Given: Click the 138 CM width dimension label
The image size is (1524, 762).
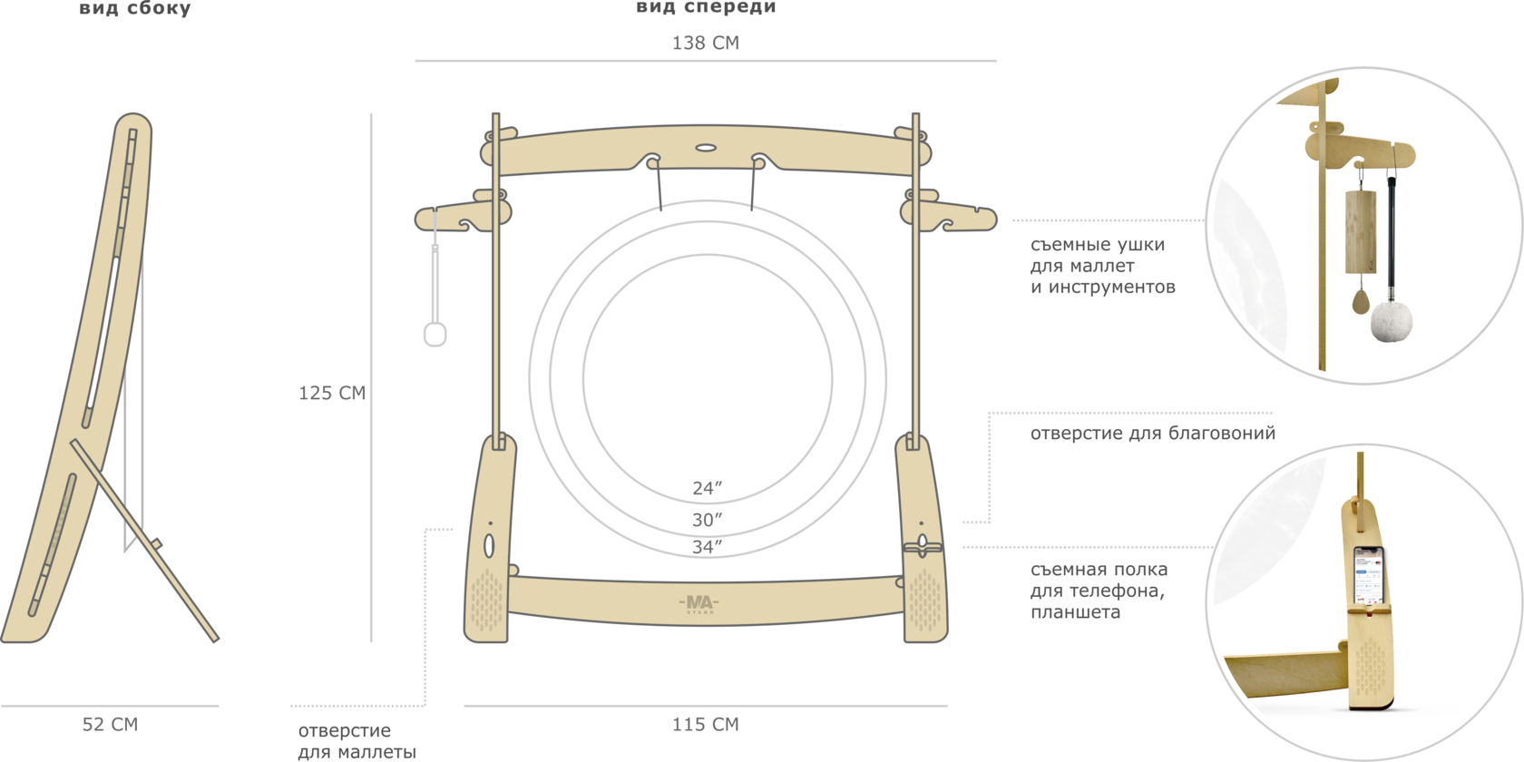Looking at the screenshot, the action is coord(705,43).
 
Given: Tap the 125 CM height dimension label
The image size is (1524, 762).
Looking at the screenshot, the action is coord(332,393).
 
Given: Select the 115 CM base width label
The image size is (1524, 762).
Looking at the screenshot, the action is coord(705,724).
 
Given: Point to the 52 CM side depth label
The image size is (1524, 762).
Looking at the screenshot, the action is coord(111,724).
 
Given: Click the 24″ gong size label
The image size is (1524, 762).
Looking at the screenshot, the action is coord(708,488).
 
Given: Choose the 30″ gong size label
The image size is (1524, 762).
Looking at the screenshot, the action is coord(708,520).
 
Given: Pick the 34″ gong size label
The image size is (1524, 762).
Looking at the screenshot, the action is coord(708,547).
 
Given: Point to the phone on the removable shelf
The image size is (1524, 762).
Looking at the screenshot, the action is coord(1368,579).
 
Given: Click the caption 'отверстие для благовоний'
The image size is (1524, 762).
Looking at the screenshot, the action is coord(1152,433).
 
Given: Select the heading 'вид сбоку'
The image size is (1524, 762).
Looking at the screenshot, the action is coord(134,9).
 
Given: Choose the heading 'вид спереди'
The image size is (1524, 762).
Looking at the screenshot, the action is coord(705,8).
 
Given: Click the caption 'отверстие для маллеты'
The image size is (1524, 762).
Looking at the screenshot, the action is coord(357,741).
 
